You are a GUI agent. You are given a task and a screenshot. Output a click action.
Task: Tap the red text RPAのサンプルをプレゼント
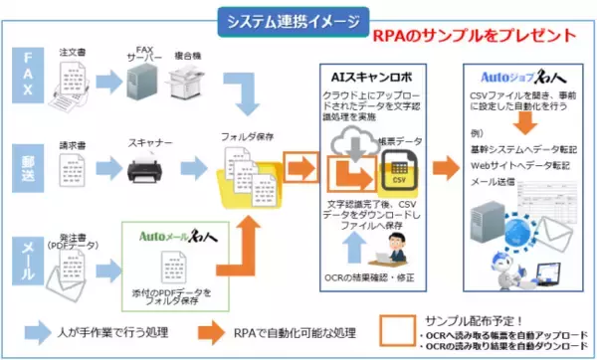(x=475, y=36)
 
